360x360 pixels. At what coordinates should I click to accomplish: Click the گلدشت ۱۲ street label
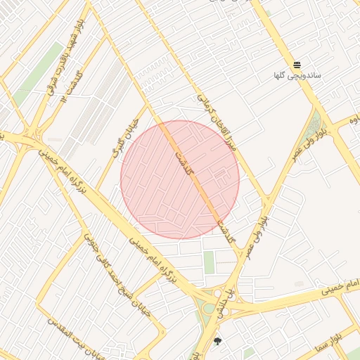(72, 84)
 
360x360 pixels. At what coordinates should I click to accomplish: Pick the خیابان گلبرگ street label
(117, 140)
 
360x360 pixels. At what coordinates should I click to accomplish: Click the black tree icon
(217, 342)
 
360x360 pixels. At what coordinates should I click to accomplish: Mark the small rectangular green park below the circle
(209, 262)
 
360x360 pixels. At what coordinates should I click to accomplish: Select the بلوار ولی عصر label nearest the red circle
(255, 233)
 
